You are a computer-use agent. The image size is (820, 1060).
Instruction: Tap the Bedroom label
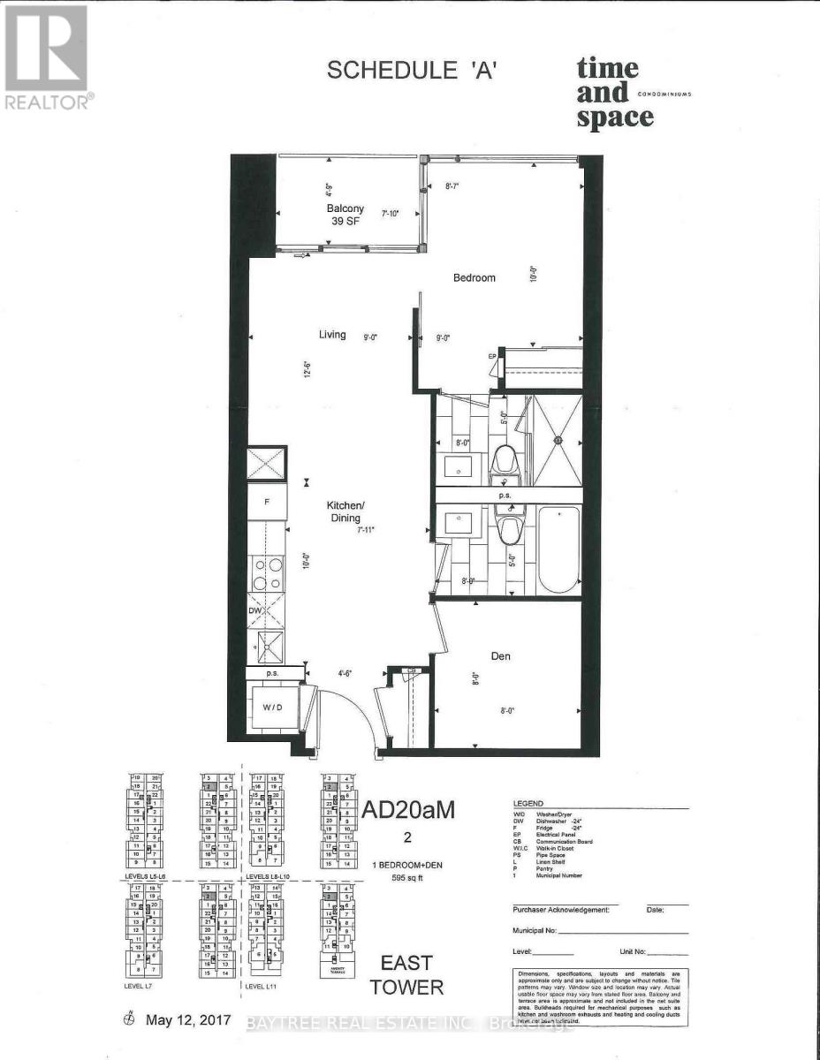(475, 277)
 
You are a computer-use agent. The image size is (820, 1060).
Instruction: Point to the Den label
(500, 656)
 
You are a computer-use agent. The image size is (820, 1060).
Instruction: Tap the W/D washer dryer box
(272, 708)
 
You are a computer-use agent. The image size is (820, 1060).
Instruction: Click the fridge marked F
(266, 501)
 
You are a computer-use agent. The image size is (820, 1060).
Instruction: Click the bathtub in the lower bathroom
(559, 549)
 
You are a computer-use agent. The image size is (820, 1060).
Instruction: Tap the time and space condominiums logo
(619, 92)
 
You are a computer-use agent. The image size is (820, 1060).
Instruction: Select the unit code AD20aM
(408, 810)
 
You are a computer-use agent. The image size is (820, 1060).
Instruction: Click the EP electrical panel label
(492, 356)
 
